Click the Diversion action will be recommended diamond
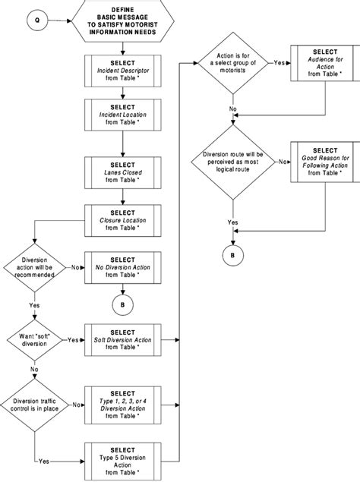[x=30, y=267]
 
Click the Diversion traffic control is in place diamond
[x=30, y=406]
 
